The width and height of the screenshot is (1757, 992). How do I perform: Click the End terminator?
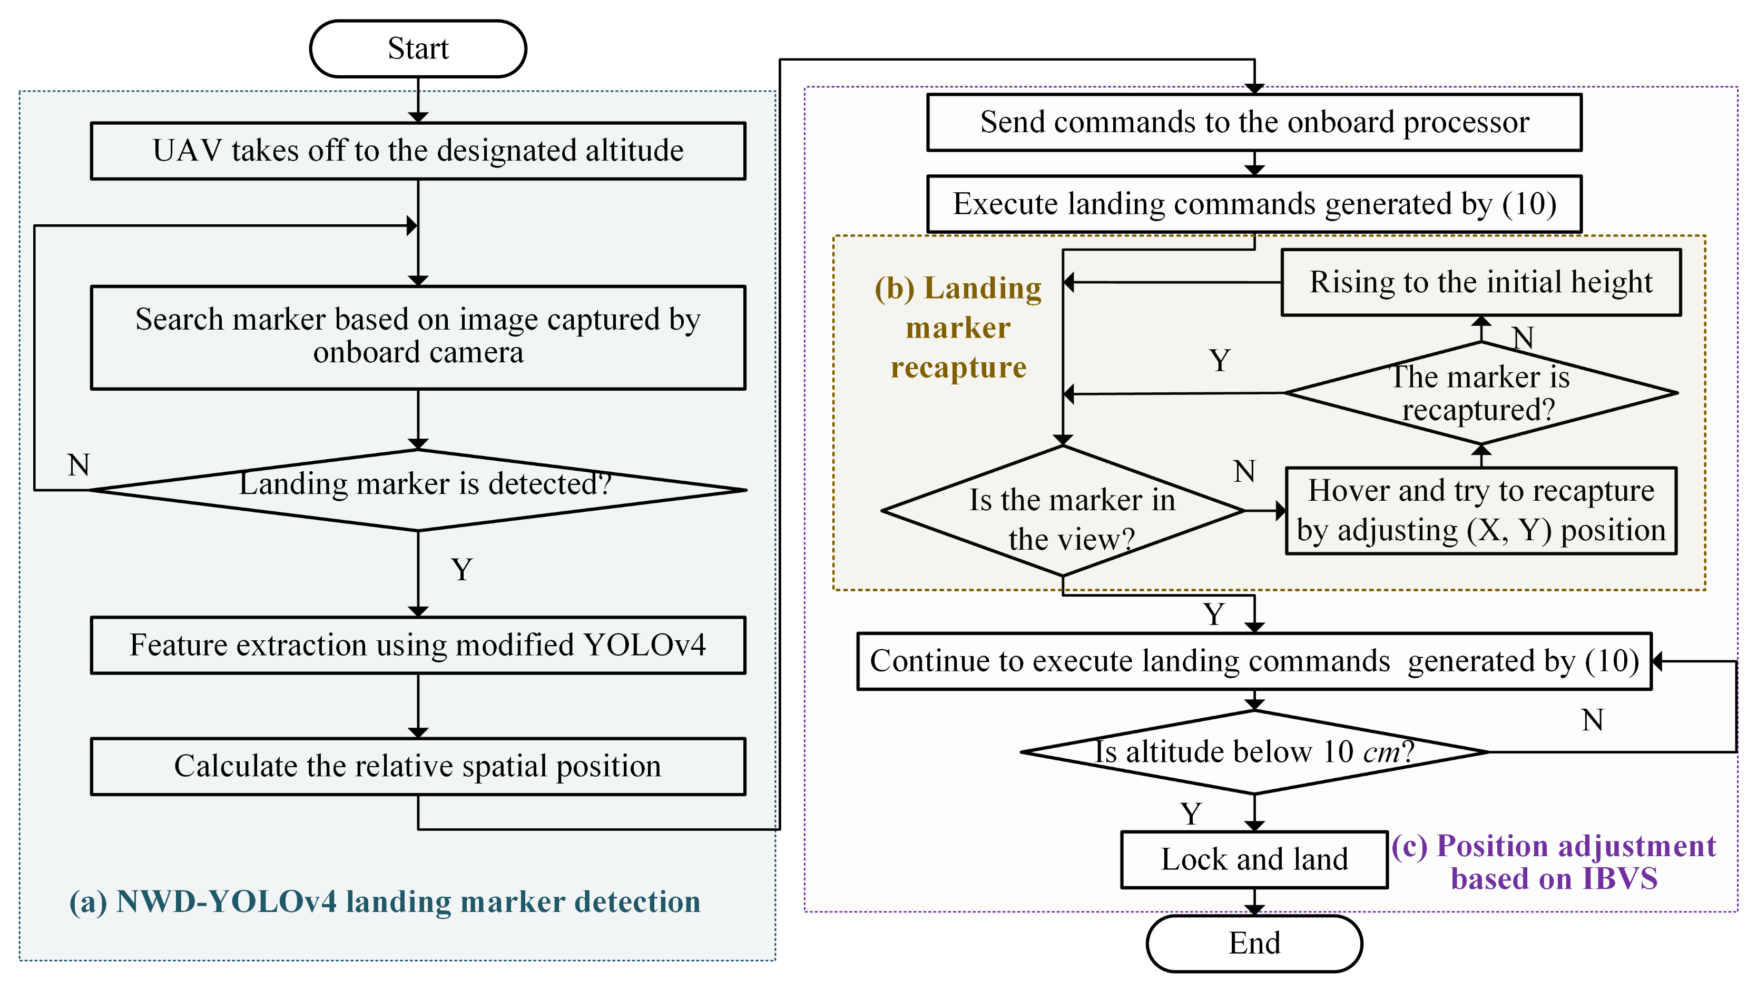(1254, 943)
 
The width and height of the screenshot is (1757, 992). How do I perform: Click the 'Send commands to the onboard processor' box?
(1254, 122)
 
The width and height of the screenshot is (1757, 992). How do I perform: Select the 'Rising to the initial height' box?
(1481, 282)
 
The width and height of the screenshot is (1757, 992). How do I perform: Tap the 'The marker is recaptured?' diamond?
(1481, 393)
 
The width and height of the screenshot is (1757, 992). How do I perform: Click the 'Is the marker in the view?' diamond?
(1063, 511)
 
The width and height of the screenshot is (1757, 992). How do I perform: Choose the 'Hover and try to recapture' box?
(1481, 511)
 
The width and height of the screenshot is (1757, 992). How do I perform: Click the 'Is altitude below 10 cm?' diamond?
(1254, 751)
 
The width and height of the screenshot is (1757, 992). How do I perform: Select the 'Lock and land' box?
(1254, 859)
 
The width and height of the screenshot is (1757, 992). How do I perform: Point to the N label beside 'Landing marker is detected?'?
(78, 465)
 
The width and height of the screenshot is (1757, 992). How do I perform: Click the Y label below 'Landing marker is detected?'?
(462, 569)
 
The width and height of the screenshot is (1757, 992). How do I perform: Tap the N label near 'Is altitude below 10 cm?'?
(1593, 720)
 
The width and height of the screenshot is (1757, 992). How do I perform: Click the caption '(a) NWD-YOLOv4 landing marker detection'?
(385, 901)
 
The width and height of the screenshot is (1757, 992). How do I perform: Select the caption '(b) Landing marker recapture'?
(958, 328)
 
